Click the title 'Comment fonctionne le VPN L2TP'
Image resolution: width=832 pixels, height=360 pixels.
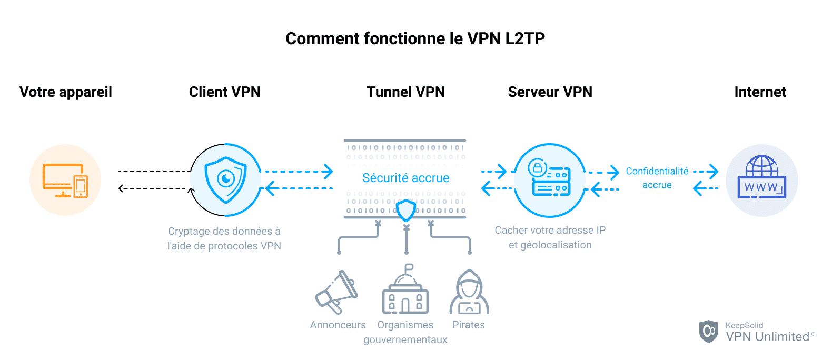click(415, 38)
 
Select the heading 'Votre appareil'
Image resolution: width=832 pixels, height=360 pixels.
click(66, 92)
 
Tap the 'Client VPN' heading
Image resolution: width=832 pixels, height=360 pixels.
click(225, 92)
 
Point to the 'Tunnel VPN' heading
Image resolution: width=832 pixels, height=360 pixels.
click(405, 92)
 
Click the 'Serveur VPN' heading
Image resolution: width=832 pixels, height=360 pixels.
click(550, 92)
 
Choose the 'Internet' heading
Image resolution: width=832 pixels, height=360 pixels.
click(760, 92)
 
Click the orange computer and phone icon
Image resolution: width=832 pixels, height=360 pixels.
click(65, 181)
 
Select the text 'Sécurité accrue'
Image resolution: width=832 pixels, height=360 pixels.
click(405, 178)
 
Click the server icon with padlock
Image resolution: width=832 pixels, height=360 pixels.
click(550, 179)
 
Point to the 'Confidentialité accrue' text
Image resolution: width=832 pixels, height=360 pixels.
click(657, 178)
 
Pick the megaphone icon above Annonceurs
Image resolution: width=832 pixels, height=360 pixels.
click(337, 292)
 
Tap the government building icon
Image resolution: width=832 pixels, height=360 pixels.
click(405, 292)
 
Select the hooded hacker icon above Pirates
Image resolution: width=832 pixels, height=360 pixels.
click(469, 293)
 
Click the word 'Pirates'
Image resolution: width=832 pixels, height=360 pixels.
click(468, 325)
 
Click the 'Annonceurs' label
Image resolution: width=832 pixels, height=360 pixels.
click(338, 325)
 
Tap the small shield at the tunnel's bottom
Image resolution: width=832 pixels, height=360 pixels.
click(406, 211)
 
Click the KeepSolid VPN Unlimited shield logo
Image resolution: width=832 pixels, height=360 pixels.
click(708, 332)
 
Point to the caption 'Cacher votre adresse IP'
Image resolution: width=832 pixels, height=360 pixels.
click(550, 230)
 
